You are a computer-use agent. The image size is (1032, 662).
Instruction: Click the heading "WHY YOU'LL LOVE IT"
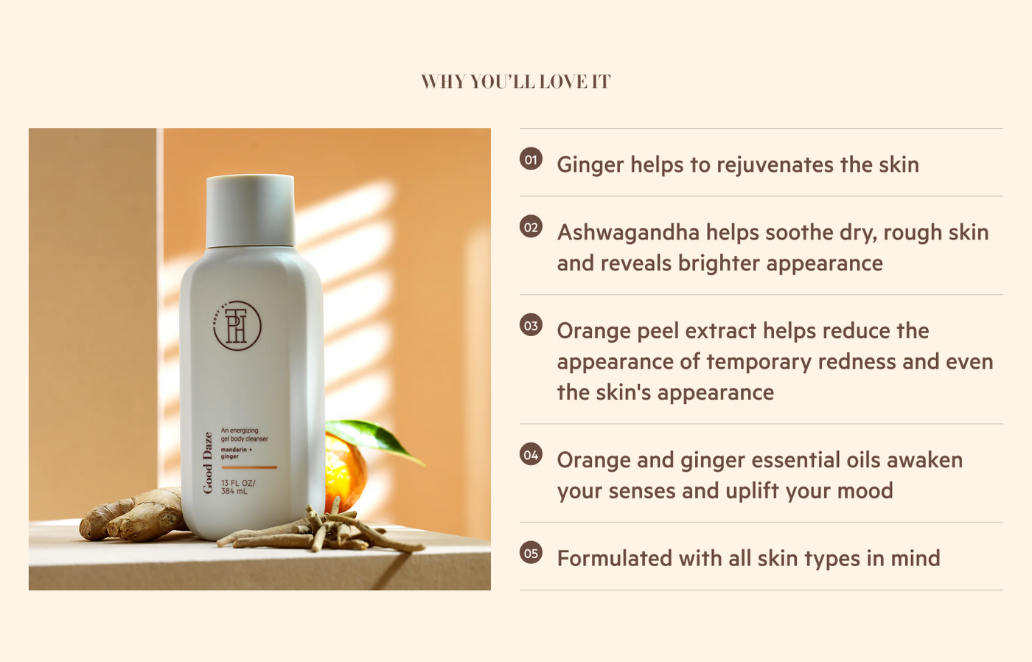click(515, 82)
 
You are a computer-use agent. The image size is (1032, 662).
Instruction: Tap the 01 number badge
click(531, 159)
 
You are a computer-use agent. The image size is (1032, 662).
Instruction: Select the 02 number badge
click(531, 226)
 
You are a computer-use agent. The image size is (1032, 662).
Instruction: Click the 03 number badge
click(531, 325)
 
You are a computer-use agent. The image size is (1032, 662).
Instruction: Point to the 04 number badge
click(531, 455)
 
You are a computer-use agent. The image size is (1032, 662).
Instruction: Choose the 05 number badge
click(531, 553)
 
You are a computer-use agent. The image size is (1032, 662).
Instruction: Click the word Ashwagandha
click(628, 233)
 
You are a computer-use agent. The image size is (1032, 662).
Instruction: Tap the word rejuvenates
click(775, 165)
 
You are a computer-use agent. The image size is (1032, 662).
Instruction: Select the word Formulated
click(615, 558)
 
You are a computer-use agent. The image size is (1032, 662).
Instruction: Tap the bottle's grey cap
click(250, 210)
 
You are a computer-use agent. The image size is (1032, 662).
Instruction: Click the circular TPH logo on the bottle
click(237, 326)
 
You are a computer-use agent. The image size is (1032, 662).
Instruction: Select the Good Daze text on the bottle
click(208, 462)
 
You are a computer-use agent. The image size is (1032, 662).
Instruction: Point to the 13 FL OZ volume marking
click(237, 487)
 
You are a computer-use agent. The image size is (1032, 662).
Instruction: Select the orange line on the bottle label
click(249, 467)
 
